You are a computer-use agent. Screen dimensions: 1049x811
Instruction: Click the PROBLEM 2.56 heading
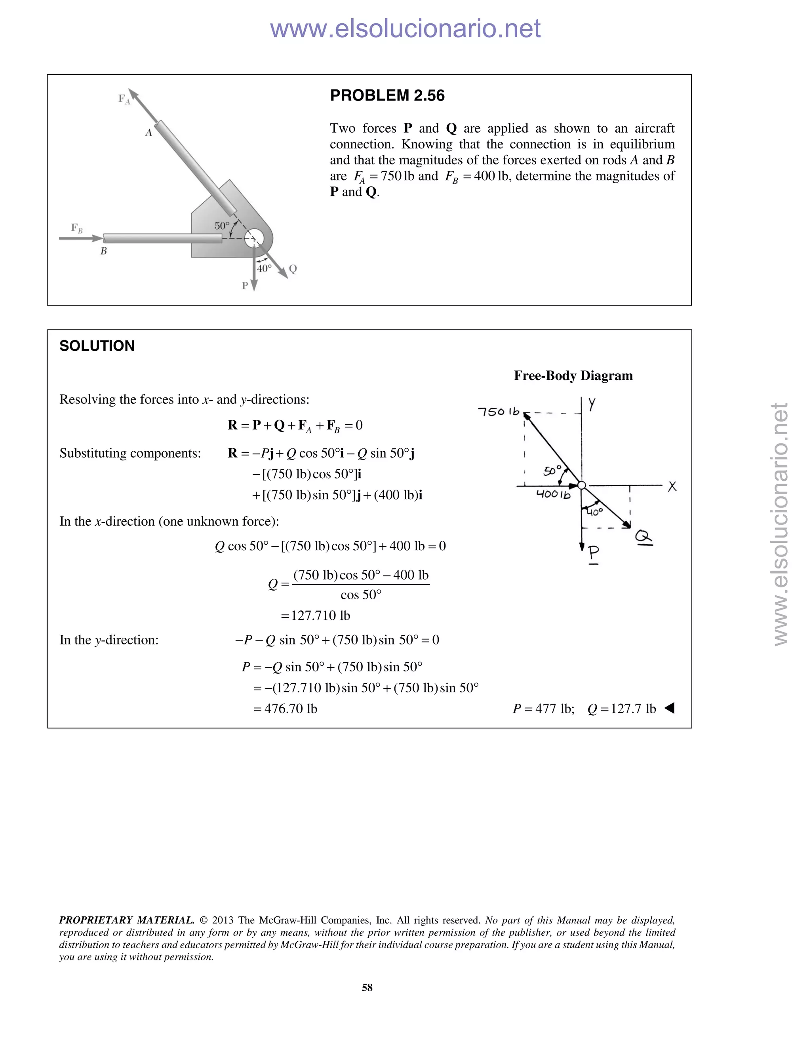[x=387, y=95]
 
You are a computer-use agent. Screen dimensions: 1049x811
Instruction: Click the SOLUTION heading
[x=97, y=346]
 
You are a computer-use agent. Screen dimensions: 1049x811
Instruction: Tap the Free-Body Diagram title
[x=573, y=376]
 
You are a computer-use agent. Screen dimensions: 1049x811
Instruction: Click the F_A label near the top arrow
[x=124, y=99]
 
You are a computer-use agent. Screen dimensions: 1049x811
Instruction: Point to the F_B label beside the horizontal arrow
[x=77, y=228]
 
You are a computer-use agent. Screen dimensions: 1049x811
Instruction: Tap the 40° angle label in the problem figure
[x=264, y=268]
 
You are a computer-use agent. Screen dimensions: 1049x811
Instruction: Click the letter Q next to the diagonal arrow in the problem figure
[x=293, y=269]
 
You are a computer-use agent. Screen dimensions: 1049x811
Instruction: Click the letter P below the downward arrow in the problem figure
[x=245, y=286]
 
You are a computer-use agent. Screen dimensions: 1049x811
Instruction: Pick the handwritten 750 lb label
[x=499, y=412]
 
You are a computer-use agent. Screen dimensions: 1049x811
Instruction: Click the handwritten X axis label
[x=672, y=486]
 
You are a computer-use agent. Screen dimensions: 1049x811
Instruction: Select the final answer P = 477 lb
[x=543, y=709]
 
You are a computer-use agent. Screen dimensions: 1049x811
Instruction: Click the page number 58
[x=367, y=987]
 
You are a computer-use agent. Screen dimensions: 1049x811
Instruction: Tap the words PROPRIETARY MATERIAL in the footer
[x=126, y=920]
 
